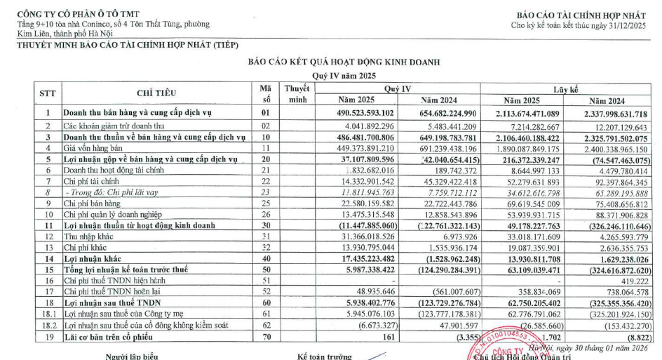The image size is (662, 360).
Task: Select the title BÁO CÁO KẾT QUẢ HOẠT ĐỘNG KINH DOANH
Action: [x=344, y=62]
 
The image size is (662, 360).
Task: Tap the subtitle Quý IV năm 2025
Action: [x=344, y=75]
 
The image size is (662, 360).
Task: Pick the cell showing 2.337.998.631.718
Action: [x=615, y=113]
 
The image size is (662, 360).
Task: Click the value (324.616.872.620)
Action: [x=616, y=269]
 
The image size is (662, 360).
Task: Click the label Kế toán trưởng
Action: [x=324, y=356]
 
